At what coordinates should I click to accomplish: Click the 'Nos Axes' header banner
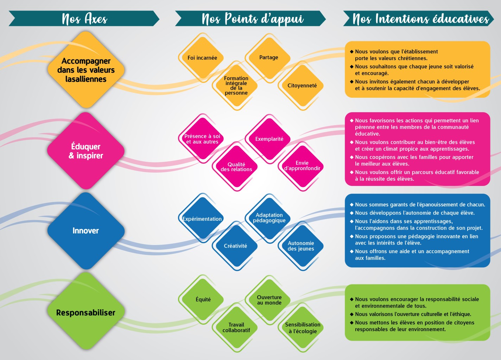pos(84,19)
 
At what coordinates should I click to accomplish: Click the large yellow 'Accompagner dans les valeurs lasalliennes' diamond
pos(86,70)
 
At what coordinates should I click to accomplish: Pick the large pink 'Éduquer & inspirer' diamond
pos(86,151)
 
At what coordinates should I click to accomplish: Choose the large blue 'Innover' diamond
pos(86,231)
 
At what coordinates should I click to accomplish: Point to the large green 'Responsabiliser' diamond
pos(86,313)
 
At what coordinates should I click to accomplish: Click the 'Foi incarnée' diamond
pos(202,58)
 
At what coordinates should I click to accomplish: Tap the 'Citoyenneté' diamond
pos(302,85)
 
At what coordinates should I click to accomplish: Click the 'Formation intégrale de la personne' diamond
pos(236,85)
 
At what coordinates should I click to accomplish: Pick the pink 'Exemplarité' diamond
pos(269,139)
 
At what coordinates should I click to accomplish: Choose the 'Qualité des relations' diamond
pos(236,167)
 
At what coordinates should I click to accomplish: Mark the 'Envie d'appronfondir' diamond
pos(302,166)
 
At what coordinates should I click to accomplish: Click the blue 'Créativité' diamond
pos(235,246)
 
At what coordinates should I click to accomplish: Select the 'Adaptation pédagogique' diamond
pos(269,218)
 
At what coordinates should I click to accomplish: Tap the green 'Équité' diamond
pos(203,300)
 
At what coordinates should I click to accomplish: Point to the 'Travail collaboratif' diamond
pos(236,327)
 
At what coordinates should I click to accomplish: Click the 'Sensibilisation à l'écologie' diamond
pos(303,328)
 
